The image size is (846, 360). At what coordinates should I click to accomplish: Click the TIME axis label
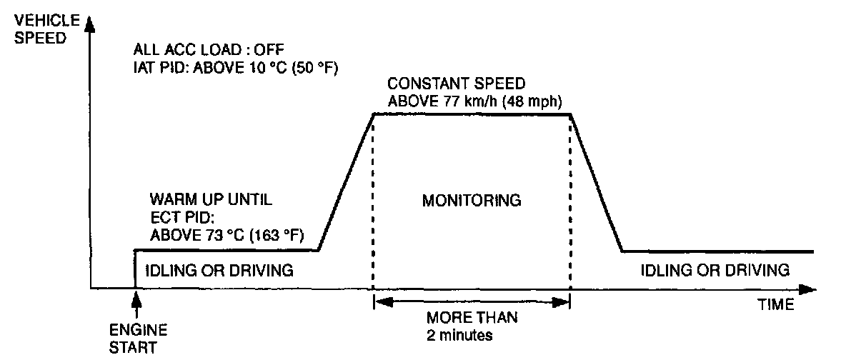[x=775, y=306]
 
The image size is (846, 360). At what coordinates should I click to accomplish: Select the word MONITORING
[x=471, y=201]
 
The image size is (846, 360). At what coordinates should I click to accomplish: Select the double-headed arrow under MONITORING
[x=472, y=303]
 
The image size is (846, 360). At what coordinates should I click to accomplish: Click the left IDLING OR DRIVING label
[x=219, y=271]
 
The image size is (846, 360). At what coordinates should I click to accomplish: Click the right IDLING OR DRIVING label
[x=715, y=271]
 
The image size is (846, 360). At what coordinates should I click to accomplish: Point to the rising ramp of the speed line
[x=347, y=182]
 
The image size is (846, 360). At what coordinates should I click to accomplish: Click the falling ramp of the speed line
[x=597, y=182]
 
